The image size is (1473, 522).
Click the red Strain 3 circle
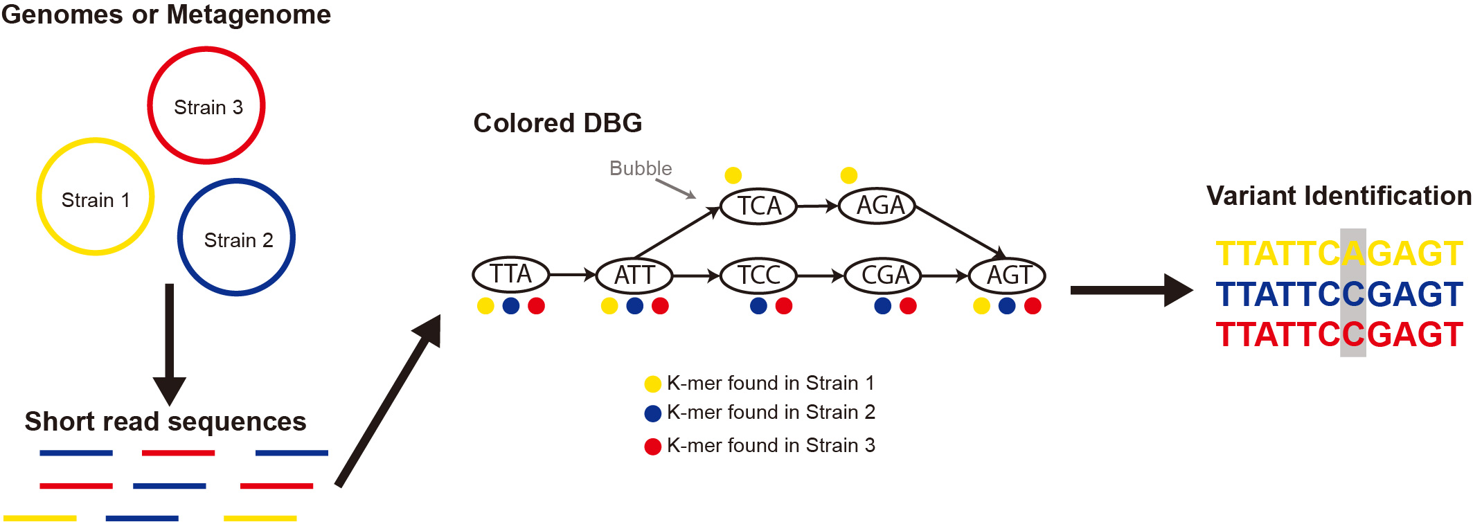206,106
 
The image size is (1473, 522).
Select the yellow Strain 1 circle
95,197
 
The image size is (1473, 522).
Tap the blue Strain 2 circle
236,238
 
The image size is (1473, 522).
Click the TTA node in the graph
511,275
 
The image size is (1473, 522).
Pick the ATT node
634,275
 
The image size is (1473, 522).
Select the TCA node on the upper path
758,206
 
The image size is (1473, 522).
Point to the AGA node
877,206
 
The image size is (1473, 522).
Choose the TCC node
758,276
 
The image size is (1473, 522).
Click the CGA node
883,276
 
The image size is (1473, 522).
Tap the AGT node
1007,276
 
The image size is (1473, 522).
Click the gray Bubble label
641,168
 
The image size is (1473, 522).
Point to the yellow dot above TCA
733,175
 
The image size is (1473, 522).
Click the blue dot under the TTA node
511,305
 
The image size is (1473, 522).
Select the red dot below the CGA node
908,305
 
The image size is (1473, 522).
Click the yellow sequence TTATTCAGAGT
1339,253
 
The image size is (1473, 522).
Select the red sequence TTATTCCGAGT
1339,334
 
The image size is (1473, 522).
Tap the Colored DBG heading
557,123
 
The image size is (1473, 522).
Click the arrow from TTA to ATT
573,275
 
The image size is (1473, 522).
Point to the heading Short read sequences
166,421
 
